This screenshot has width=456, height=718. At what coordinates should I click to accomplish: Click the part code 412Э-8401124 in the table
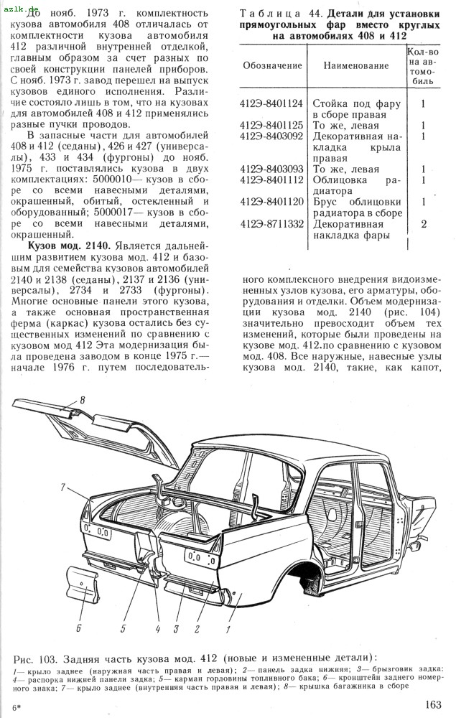point(271,103)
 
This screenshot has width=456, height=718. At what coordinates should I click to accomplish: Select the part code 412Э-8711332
point(271,224)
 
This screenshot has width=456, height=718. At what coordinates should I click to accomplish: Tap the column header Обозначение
point(271,65)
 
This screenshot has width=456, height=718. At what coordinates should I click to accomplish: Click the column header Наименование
point(356,65)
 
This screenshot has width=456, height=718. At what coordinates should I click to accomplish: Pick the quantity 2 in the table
point(424,224)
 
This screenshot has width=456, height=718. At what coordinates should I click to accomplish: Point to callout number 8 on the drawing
point(83,400)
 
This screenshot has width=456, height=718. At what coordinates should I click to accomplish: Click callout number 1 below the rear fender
point(228,630)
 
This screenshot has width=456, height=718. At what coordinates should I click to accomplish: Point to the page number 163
point(433,704)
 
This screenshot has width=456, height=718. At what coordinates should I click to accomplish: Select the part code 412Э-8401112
point(271,179)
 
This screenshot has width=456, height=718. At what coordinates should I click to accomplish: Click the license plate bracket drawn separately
point(86,589)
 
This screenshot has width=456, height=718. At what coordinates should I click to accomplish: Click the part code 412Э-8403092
point(271,136)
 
